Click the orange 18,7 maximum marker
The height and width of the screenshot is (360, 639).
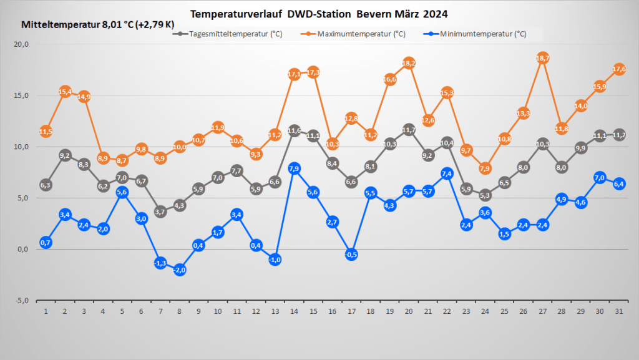click(x=543, y=58)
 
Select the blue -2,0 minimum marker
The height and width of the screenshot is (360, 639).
click(x=180, y=270)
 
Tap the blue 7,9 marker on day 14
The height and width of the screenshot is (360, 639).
click(x=295, y=168)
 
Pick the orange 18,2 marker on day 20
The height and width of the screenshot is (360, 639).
click(x=409, y=63)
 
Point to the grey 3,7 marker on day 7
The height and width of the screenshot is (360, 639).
click(x=160, y=212)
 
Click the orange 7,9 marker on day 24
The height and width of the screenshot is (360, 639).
click(x=485, y=168)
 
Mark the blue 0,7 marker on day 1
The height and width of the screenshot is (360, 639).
click(x=46, y=242)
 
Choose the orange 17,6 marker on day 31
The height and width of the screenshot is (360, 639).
click(x=620, y=69)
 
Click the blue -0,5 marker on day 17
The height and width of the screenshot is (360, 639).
click(x=351, y=254)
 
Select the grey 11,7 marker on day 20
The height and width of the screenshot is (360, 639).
click(x=409, y=130)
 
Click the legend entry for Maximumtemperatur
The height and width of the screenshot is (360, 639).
click(x=356, y=34)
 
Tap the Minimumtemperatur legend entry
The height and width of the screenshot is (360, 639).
click(x=477, y=34)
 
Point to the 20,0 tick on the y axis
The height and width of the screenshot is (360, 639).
click(x=22, y=44)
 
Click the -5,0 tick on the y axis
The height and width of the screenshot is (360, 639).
click(x=22, y=300)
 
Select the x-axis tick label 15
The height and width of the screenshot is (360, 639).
click(x=313, y=311)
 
